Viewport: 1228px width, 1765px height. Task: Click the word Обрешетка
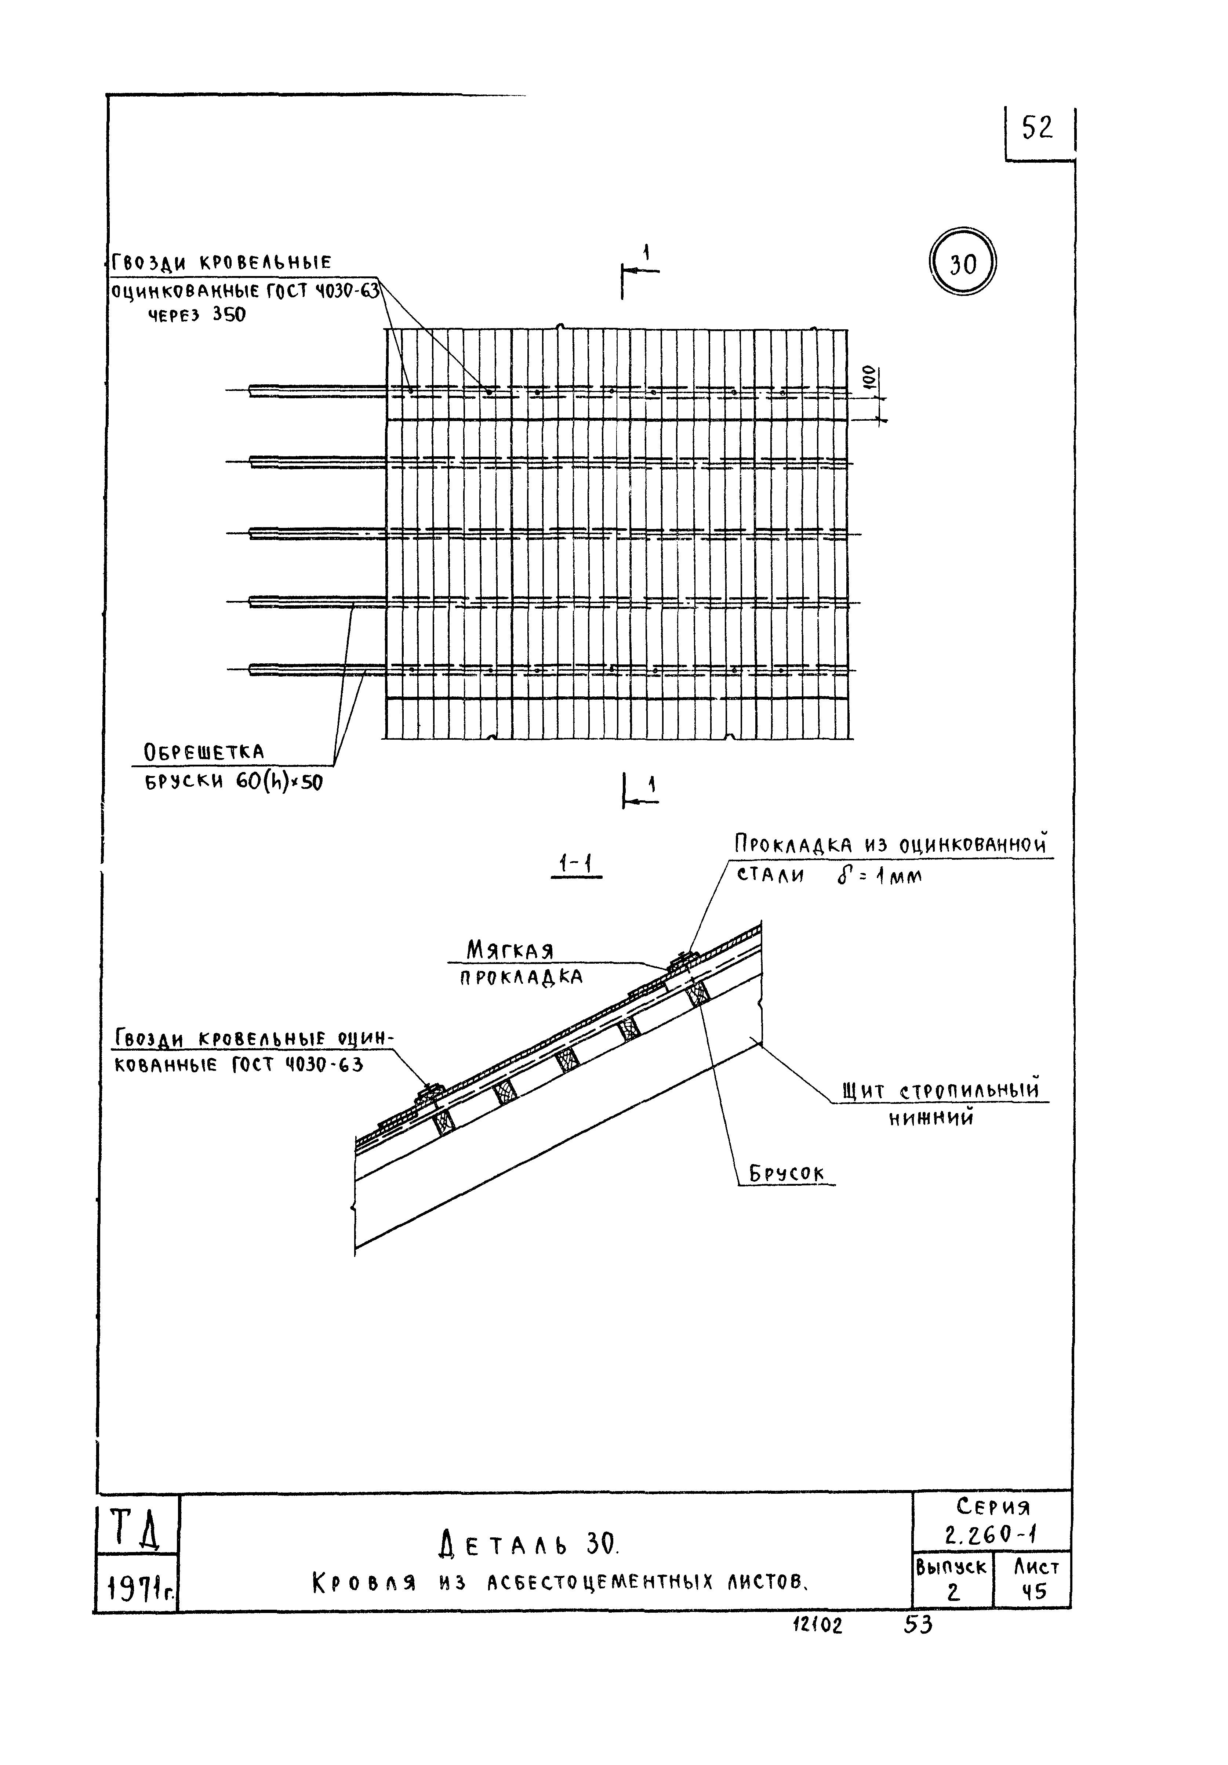204,751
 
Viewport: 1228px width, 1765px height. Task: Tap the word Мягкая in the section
509,951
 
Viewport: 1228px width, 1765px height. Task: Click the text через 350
197,315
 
